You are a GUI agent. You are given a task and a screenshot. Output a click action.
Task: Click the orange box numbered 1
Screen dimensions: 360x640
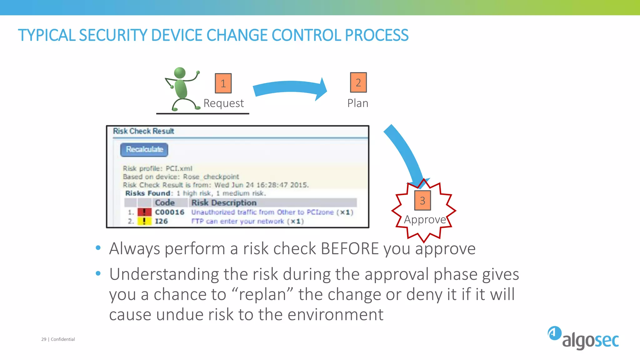pyautogui.click(x=223, y=83)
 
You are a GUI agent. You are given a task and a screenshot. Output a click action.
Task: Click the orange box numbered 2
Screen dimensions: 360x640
pyautogui.click(x=358, y=82)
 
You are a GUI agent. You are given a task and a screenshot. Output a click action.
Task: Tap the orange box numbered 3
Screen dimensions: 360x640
pyautogui.click(x=422, y=200)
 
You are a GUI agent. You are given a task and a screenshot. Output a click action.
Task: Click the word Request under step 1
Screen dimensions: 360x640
pyautogui.click(x=223, y=103)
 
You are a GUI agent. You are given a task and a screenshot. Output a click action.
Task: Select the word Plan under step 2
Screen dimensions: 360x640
pyautogui.click(x=358, y=103)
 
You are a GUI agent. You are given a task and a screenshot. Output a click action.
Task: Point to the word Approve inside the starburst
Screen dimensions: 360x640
pyautogui.click(x=425, y=219)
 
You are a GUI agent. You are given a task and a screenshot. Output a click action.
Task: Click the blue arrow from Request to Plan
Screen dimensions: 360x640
pyautogui.click(x=289, y=88)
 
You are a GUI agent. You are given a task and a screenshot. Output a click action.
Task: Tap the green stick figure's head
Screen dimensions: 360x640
pyautogui.click(x=180, y=73)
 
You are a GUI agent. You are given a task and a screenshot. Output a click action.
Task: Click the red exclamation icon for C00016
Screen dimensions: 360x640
pyautogui.click(x=144, y=212)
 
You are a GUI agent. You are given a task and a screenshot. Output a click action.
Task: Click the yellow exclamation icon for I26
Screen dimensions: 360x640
pyautogui.click(x=144, y=221)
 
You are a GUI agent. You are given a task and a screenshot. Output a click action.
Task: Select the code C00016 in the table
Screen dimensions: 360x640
pyautogui.click(x=170, y=212)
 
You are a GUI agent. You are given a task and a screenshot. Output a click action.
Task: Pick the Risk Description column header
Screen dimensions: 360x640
pyautogui.click(x=224, y=203)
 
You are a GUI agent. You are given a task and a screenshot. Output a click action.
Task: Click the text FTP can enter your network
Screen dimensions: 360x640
pyautogui.click(x=237, y=221)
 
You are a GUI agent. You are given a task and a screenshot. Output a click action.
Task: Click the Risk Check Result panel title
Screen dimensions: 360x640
pyautogui.click(x=143, y=131)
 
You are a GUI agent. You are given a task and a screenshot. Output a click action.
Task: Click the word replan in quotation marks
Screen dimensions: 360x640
pyautogui.click(x=262, y=294)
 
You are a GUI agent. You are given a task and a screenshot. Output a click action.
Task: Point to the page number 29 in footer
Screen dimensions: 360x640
pyautogui.click(x=44, y=339)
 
